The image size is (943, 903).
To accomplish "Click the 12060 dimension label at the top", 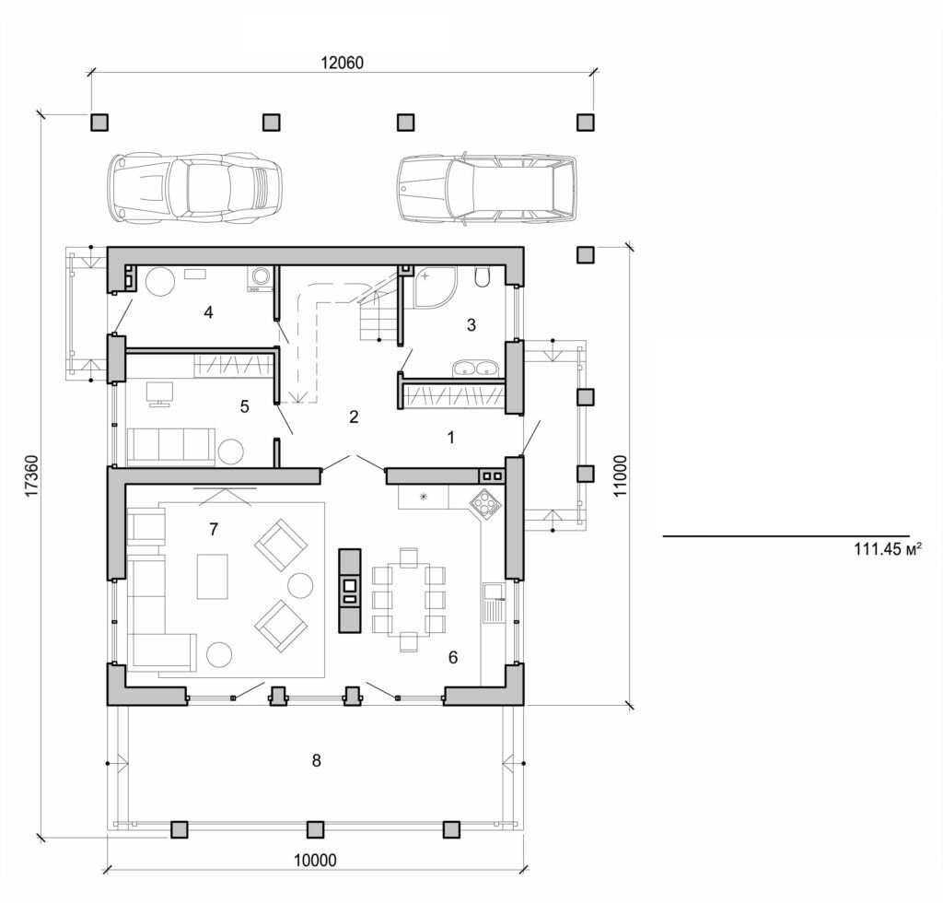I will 343,64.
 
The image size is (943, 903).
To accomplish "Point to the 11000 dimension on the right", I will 621,476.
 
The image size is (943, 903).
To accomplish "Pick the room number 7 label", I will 214,528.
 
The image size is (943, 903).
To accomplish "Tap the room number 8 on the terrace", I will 316,760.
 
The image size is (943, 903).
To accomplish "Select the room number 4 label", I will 209,312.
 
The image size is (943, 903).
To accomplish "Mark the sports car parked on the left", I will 194,187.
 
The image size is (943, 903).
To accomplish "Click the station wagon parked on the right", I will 487,188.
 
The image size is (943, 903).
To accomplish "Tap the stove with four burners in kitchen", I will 484,503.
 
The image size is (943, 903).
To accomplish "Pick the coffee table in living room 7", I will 212,576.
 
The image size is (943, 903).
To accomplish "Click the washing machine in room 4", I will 259,277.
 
